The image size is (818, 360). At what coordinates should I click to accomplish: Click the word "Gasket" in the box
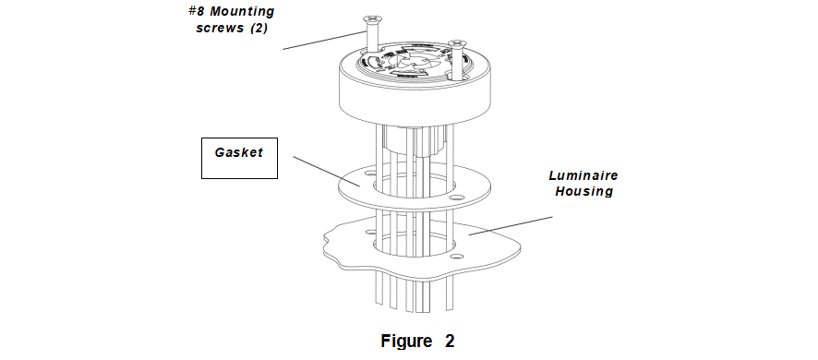[239, 153]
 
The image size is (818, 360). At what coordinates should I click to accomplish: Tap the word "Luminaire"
[583, 175]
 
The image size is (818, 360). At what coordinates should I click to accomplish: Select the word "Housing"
[583, 191]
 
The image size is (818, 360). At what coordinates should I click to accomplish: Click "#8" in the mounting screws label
[196, 11]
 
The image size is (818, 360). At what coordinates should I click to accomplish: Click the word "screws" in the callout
[220, 29]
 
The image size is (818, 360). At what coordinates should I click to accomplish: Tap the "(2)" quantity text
[259, 29]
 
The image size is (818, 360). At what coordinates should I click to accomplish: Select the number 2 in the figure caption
[450, 342]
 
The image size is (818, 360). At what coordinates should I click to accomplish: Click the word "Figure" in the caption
[407, 342]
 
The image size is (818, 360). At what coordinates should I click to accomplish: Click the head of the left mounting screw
[371, 19]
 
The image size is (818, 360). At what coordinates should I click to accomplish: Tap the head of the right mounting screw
[456, 43]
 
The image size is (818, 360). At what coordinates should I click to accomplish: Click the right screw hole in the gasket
[457, 197]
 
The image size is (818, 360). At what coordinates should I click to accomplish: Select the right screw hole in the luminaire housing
[457, 257]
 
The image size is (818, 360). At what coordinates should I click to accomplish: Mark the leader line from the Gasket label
[327, 171]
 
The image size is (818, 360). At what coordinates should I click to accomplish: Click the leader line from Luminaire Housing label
[511, 225]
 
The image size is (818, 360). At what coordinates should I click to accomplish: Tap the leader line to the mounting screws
[323, 41]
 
